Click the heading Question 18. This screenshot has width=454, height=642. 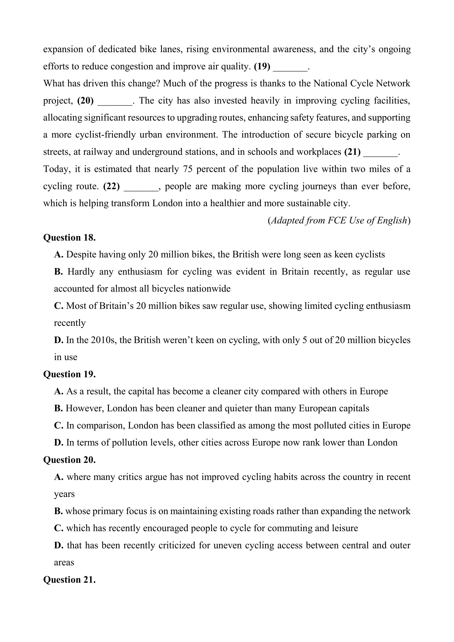69,237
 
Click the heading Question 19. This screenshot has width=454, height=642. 69,374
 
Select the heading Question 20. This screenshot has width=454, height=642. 69,460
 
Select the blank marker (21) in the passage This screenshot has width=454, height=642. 352,152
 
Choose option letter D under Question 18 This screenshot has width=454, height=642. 58,340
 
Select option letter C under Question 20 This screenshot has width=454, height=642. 58,528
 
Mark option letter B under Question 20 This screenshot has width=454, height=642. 58,511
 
